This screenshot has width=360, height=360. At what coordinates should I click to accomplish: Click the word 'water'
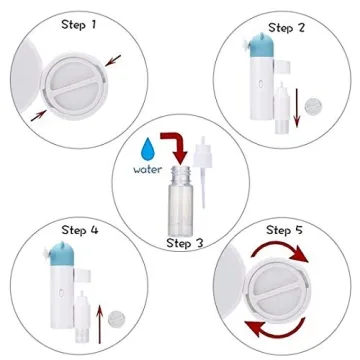148,169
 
